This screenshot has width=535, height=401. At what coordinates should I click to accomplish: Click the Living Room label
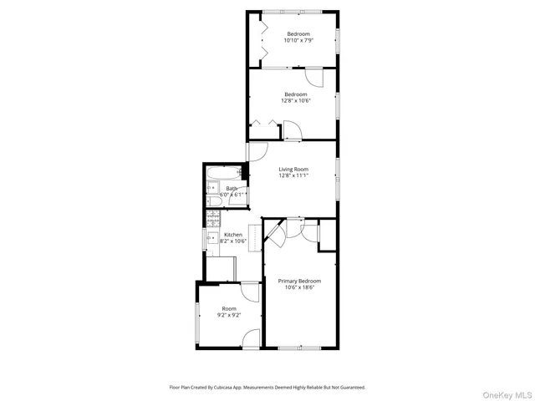point(294,170)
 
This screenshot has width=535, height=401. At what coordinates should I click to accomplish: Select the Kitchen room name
point(232,235)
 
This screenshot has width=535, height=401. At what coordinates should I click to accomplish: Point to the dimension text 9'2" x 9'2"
point(229,314)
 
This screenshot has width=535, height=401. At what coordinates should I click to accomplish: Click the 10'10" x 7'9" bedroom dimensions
point(298,40)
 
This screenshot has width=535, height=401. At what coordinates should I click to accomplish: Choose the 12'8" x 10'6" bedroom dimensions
point(296,100)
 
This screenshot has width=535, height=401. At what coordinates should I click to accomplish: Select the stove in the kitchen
point(211,221)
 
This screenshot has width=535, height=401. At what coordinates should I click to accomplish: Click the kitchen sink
point(211,239)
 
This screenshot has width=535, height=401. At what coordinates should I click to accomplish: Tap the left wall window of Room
point(197,322)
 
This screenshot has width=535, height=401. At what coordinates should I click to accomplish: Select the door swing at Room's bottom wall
point(251,338)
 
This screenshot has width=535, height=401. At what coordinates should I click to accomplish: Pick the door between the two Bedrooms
point(314,76)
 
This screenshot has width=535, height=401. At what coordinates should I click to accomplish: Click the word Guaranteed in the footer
point(349,388)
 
